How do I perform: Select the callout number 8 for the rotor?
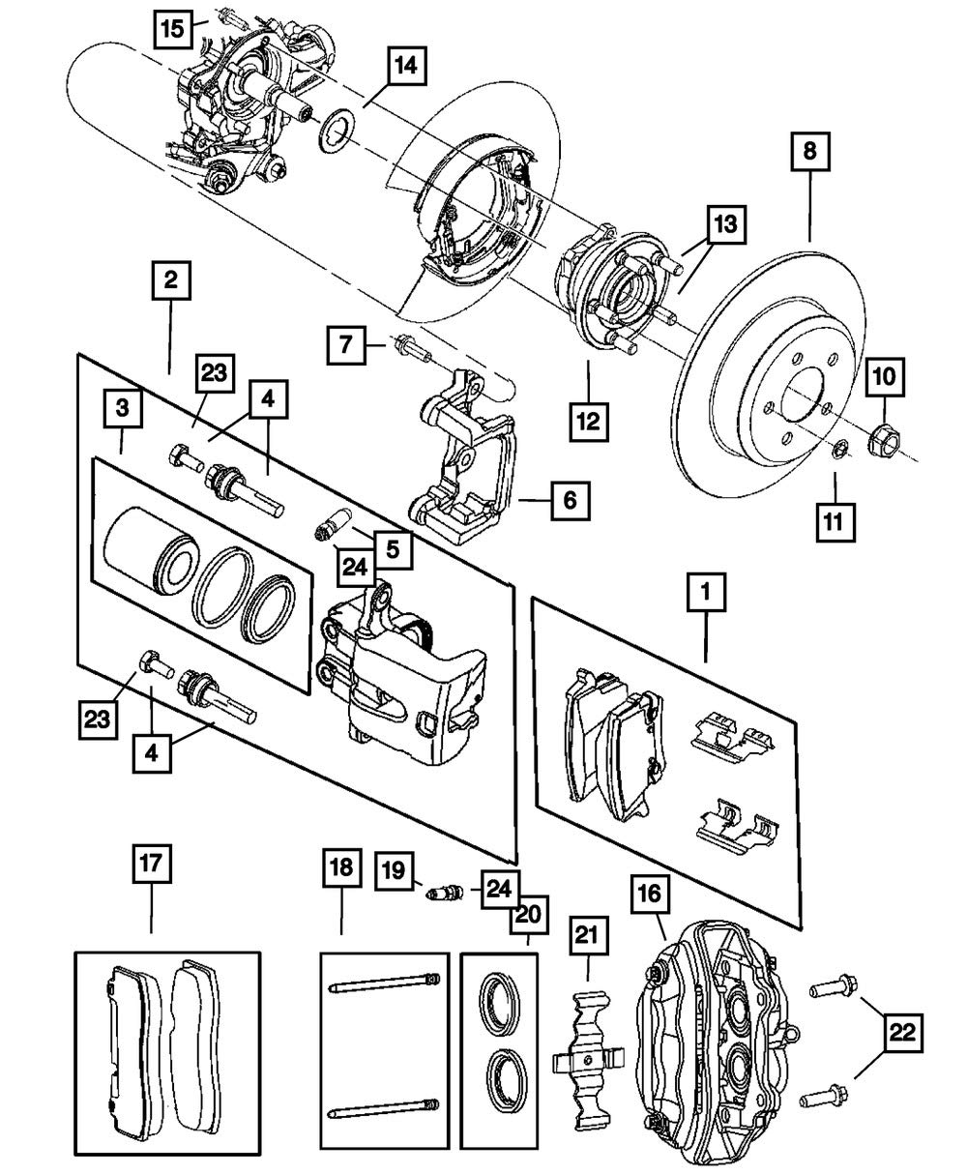pos(809,152)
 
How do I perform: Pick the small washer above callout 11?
pos(840,448)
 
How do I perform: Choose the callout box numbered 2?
pos(170,280)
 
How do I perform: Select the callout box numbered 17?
pos(152,864)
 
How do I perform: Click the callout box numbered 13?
pos(725,225)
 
